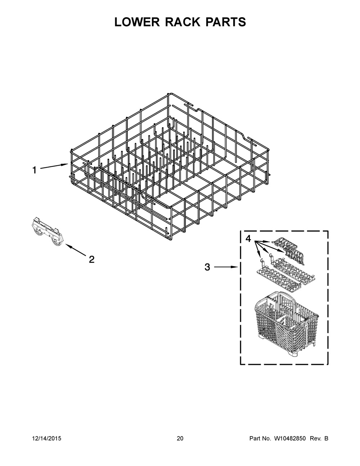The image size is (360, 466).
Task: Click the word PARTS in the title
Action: pyautogui.click(x=226, y=22)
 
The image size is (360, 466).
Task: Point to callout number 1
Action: pyautogui.click(x=35, y=170)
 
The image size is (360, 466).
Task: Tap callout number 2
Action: pyautogui.click(x=91, y=259)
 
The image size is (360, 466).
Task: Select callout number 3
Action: pyautogui.click(x=207, y=267)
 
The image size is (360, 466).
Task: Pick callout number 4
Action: pyautogui.click(x=249, y=238)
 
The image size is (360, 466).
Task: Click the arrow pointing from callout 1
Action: pyautogui.click(x=54, y=167)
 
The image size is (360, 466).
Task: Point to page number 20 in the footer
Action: pyautogui.click(x=180, y=439)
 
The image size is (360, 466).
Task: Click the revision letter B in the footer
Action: pyautogui.click(x=326, y=439)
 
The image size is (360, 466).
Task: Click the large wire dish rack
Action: pyautogui.click(x=169, y=166)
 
